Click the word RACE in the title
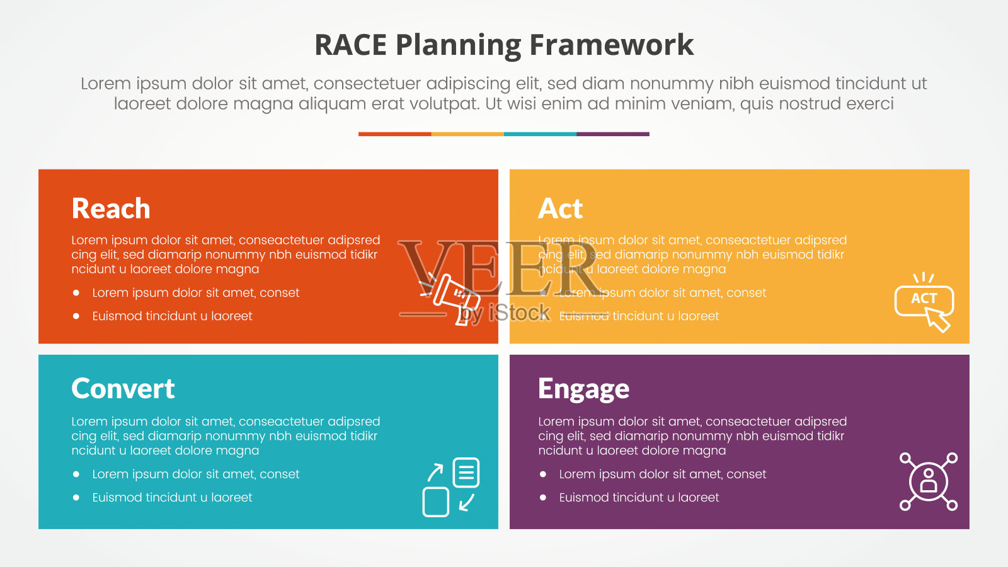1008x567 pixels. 350,45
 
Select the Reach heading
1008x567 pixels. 111,209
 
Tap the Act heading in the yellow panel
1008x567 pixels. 560,209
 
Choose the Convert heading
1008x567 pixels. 123,388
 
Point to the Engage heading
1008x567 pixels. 583,389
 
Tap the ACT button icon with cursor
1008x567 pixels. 924,302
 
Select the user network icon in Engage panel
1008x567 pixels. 929,481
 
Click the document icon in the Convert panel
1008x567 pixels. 466,472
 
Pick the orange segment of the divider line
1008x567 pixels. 394,134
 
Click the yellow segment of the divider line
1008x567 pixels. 467,134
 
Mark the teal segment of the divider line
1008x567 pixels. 540,134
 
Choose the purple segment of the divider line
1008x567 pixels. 612,134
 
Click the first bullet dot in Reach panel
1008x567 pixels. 76,293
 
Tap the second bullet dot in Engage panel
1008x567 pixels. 543,498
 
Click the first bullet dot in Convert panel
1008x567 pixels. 76,474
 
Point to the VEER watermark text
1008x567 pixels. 498,268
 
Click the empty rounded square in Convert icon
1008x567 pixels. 435,502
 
